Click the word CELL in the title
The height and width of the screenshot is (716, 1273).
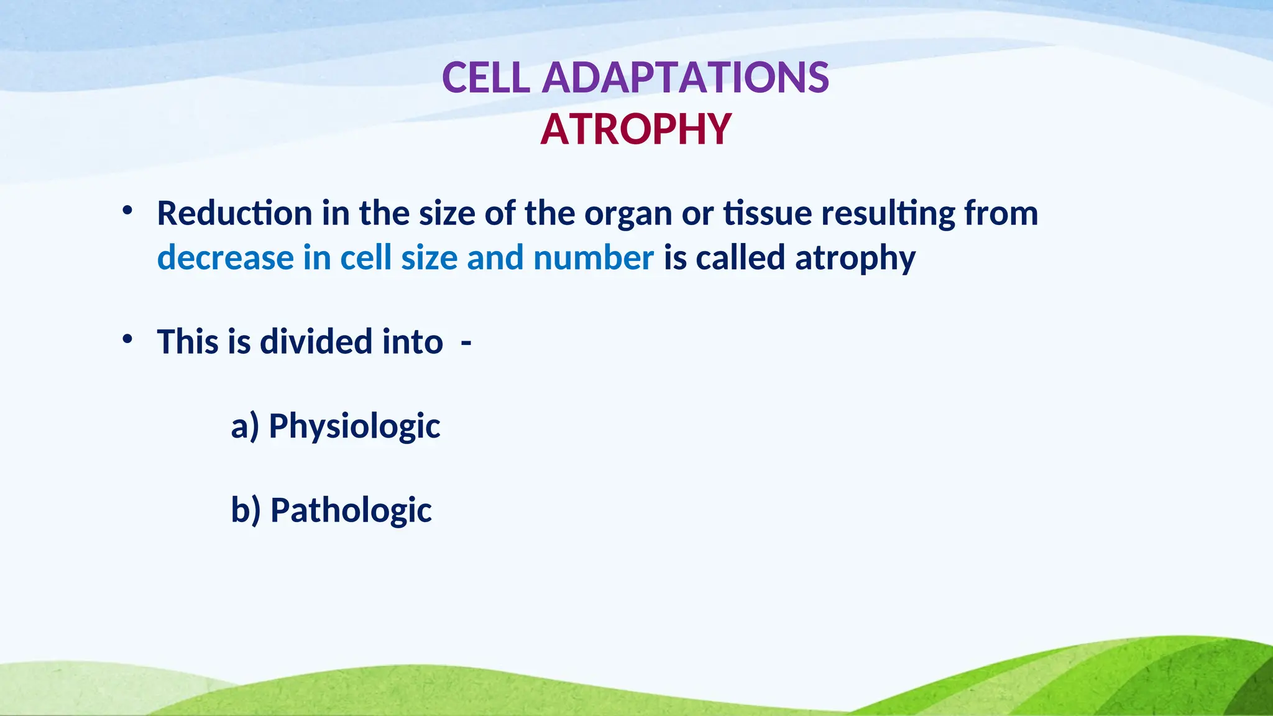(x=486, y=78)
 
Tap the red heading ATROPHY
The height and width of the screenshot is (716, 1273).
(x=636, y=129)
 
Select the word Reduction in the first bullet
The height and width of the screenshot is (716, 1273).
(x=234, y=213)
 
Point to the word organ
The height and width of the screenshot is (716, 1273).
(x=628, y=214)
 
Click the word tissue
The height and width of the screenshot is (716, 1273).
(x=768, y=213)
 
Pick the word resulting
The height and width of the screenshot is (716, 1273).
(x=888, y=214)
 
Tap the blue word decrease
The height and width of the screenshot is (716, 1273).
(x=225, y=258)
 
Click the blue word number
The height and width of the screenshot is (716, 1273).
(x=593, y=258)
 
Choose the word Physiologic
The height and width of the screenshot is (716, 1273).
(x=354, y=427)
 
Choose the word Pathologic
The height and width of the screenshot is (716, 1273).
(x=351, y=510)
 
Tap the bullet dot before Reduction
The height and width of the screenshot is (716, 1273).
(x=127, y=211)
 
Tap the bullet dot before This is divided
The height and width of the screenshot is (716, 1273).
(x=127, y=339)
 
